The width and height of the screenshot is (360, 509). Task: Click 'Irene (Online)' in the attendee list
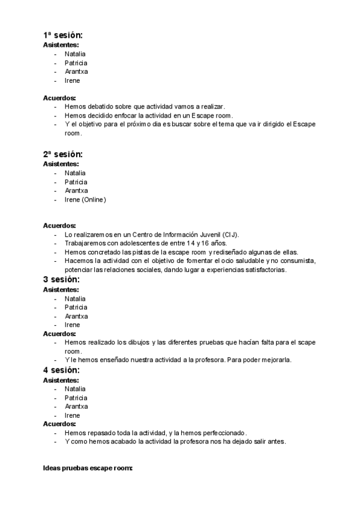85,200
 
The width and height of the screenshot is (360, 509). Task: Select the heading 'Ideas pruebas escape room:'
88,467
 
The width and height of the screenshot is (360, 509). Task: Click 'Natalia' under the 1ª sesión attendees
76,54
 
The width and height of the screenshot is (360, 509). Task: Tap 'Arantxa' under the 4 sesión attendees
76,406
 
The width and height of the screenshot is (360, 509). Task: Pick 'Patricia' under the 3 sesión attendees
76,307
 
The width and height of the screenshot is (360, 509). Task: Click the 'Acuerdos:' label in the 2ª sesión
59,226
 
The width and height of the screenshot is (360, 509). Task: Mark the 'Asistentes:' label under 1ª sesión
61,44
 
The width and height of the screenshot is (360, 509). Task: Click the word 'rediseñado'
242,252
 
